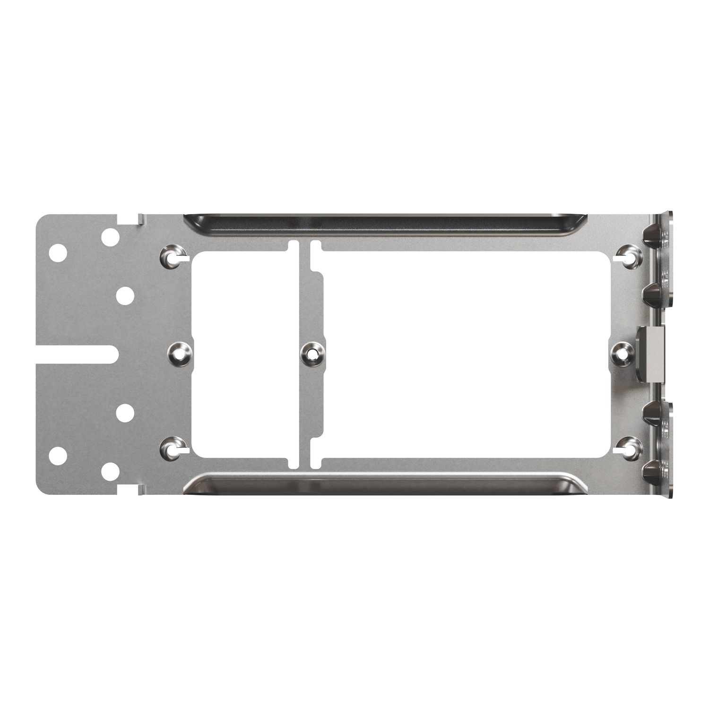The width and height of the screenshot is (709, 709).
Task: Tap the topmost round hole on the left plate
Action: click(x=110, y=237)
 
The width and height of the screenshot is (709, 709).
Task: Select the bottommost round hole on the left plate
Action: click(x=110, y=471)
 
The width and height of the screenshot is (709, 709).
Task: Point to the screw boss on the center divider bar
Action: click(x=312, y=354)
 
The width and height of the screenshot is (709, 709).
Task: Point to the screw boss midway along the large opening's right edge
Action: click(x=621, y=353)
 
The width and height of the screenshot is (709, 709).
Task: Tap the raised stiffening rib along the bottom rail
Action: click(x=385, y=483)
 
